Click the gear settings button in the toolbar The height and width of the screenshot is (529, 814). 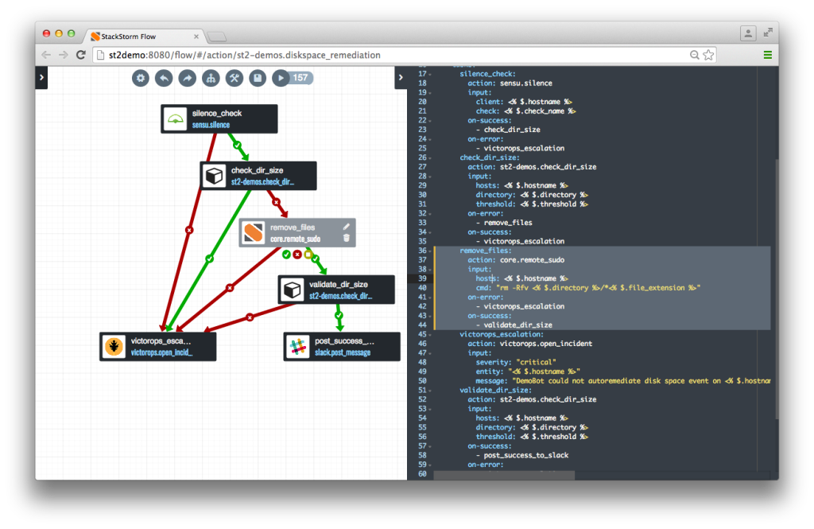[x=141, y=78]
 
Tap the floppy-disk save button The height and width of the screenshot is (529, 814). [x=257, y=78]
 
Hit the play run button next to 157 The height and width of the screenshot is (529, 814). [x=280, y=78]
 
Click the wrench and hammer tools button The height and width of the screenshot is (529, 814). [x=234, y=78]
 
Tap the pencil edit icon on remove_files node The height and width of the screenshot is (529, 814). [x=346, y=227]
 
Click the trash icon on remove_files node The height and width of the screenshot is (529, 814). [x=346, y=238]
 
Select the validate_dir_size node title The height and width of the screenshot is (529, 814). [x=339, y=284]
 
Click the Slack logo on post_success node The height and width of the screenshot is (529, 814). [x=299, y=347]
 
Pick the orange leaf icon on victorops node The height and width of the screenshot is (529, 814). [x=115, y=347]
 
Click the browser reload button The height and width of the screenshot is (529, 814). [x=81, y=55]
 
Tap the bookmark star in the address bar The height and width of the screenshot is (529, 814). [x=708, y=55]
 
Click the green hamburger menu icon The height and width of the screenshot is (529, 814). [x=767, y=55]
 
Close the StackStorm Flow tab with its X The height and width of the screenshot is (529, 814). [x=196, y=37]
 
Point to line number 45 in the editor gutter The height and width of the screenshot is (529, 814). [x=421, y=334]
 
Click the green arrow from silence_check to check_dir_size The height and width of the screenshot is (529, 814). [x=237, y=146]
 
